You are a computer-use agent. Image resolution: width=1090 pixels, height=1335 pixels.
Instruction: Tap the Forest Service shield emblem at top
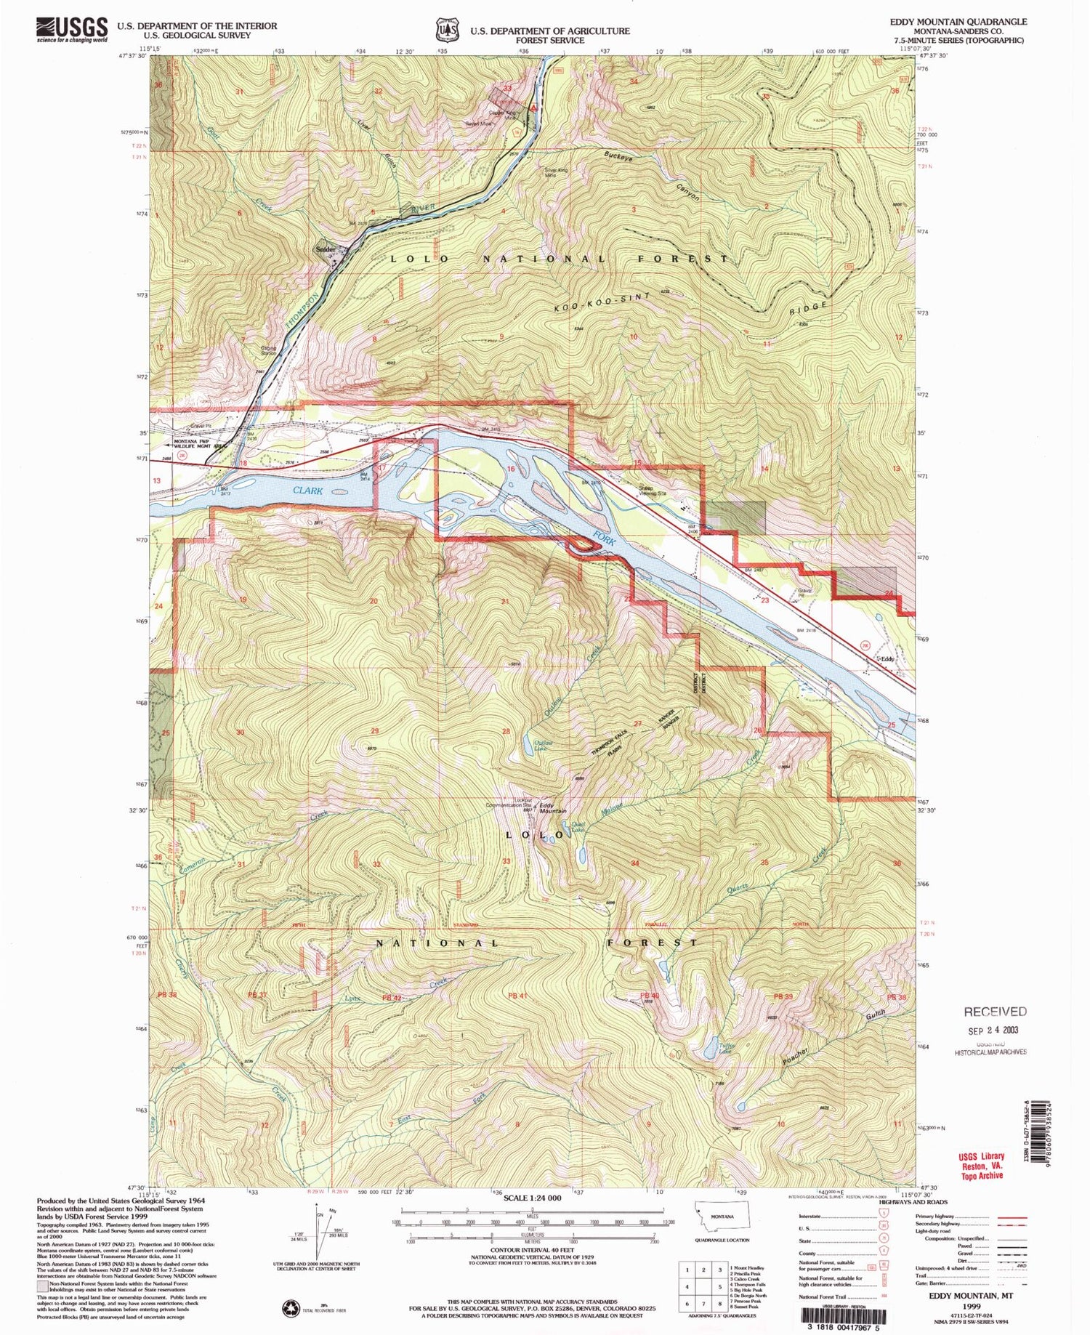coord(445,31)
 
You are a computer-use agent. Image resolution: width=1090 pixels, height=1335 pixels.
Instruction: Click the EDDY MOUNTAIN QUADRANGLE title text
coord(958,22)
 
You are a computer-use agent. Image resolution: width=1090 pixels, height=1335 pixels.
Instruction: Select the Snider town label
coord(326,249)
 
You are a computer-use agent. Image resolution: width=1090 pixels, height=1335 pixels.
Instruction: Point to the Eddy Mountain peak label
coord(552,807)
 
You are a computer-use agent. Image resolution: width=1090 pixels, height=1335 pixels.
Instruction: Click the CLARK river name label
coord(308,491)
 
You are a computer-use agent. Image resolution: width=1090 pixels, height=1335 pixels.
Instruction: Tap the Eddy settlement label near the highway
coord(887,659)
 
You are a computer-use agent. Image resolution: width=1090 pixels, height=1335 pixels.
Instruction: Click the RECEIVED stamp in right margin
coord(995,1012)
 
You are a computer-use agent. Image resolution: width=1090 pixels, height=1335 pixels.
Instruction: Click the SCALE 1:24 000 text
coord(532,1198)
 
